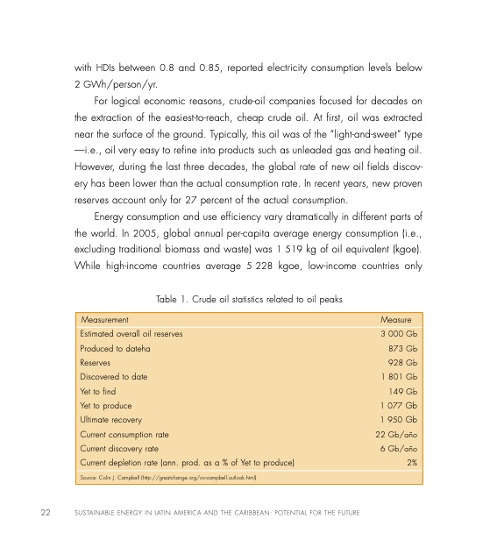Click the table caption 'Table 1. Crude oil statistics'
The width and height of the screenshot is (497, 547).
(x=248, y=300)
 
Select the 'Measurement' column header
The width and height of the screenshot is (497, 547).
(x=104, y=320)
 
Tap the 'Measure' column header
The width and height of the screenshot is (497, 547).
(x=395, y=320)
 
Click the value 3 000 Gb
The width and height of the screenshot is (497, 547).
(x=398, y=334)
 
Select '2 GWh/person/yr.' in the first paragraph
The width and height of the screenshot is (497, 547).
(x=116, y=85)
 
